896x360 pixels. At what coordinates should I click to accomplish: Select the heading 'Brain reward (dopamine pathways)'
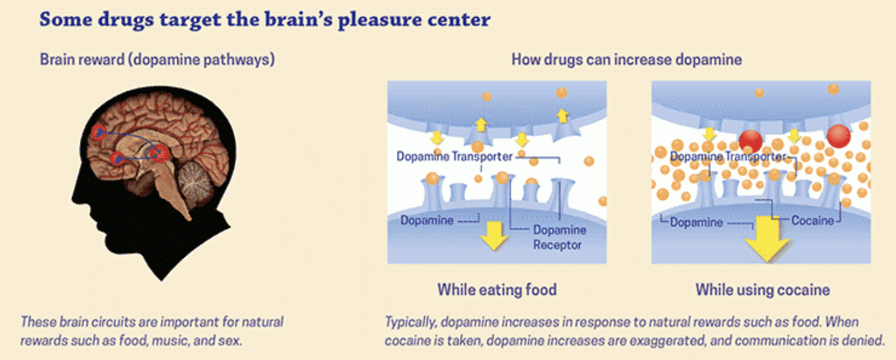point(157,60)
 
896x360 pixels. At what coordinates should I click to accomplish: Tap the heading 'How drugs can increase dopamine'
point(627,60)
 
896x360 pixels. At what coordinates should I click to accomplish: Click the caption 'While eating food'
point(497,289)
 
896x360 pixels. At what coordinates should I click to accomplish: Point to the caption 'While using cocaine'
point(762,289)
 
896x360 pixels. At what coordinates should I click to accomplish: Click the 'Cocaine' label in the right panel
point(813,220)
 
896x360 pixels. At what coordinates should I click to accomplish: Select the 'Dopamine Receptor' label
point(559,237)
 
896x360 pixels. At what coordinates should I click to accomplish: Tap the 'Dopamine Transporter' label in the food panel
point(455,156)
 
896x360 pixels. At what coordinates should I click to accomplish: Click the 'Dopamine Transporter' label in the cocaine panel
point(728,156)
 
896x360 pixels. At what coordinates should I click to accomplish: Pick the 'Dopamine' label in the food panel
point(427,220)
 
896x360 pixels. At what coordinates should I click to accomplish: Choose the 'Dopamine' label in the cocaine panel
point(696,222)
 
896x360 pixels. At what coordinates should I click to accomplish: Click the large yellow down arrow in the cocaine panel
point(766,239)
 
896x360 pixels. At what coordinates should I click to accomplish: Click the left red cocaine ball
point(750,141)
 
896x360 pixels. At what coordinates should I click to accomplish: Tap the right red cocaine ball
point(838,136)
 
